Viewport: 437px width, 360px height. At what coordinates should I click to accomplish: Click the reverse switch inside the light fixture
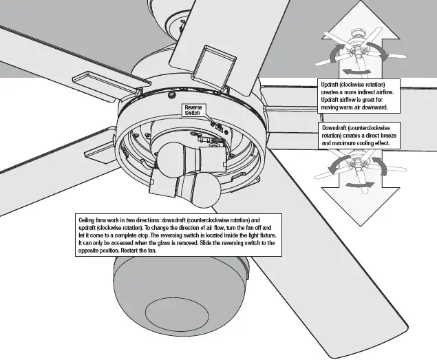[x=217, y=127]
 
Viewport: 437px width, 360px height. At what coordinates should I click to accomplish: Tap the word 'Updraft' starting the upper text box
[x=332, y=84]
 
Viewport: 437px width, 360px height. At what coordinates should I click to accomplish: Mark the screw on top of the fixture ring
[x=169, y=92]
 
